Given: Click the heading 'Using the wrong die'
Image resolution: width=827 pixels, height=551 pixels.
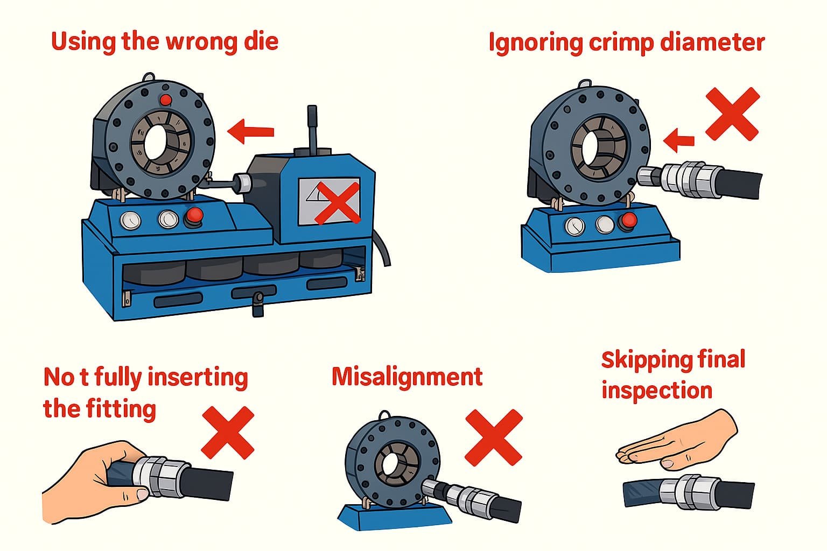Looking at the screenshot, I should pyautogui.click(x=165, y=41).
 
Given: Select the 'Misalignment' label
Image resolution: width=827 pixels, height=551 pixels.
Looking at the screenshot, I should pyautogui.click(x=407, y=377).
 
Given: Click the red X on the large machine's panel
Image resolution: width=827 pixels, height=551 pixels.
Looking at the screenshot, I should pyautogui.click(x=337, y=202).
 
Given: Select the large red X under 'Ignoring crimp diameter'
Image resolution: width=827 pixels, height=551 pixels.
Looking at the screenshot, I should pyautogui.click(x=732, y=114).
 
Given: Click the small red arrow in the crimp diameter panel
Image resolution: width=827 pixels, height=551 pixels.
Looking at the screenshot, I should pyautogui.click(x=678, y=141).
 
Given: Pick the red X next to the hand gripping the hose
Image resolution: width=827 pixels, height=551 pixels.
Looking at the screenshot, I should pyautogui.click(x=227, y=432).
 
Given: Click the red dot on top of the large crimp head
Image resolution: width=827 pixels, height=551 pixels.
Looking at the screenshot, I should pyautogui.click(x=166, y=100).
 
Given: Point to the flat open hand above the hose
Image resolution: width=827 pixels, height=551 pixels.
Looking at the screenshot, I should pyautogui.click(x=678, y=439).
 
